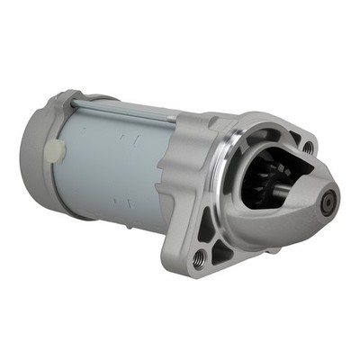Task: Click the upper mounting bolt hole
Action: (308, 147)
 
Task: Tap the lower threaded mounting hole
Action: (198, 258)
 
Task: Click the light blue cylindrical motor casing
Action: (108, 162)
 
